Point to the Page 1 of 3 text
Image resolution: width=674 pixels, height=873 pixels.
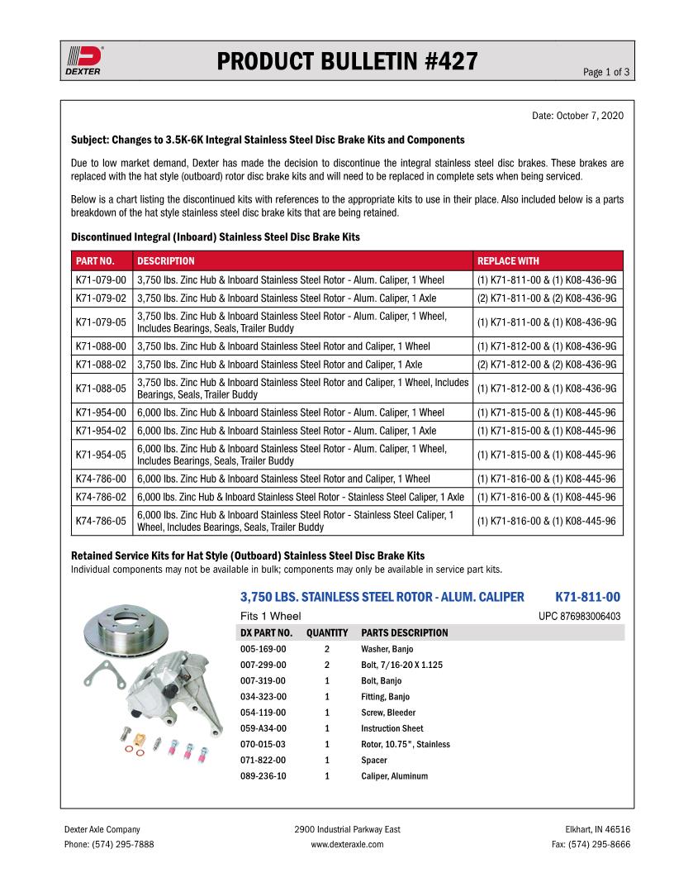pyautogui.click(x=606, y=72)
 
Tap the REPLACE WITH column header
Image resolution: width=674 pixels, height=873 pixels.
pyautogui.click(x=508, y=260)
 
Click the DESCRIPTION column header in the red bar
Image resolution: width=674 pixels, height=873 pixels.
pyautogui.click(x=166, y=260)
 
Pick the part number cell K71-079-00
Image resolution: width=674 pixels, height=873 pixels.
pyautogui.click(x=101, y=279)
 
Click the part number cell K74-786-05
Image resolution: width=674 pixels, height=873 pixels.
pyautogui.click(x=101, y=521)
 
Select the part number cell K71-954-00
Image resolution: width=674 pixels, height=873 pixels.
pyautogui.click(x=101, y=412)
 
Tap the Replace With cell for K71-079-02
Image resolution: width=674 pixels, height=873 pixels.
pyautogui.click(x=546, y=298)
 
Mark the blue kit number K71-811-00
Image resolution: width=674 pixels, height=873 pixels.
pyautogui.click(x=587, y=596)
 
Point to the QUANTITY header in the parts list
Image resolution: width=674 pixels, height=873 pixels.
pyautogui.click(x=327, y=633)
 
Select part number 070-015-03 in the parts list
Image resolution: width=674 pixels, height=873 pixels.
pyautogui.click(x=263, y=744)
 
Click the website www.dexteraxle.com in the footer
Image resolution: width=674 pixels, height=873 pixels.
pyautogui.click(x=347, y=844)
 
